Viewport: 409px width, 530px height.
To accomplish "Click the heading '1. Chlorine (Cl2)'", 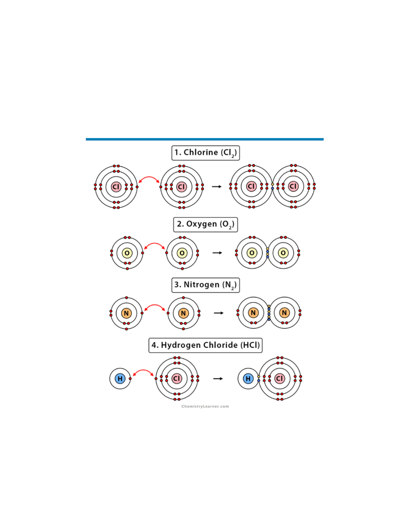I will tap(205, 153).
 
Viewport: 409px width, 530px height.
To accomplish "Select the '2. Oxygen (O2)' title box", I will tap(205, 224).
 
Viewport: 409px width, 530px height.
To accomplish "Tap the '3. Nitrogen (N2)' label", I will tap(205, 285).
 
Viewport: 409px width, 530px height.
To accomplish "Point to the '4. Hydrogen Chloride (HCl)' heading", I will tap(205, 345).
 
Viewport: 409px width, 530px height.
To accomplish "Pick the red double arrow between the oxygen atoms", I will tap(155, 246).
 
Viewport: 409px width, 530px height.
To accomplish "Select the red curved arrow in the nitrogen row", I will tap(155, 307).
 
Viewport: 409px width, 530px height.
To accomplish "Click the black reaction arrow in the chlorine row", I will tap(217, 186).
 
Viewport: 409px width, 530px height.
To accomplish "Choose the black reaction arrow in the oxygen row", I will tap(217, 253).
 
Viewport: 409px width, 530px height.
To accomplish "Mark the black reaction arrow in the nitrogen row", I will tap(218, 313).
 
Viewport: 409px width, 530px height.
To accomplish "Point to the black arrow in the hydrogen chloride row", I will tap(218, 379).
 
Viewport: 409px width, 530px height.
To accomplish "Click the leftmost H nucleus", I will tap(120, 379).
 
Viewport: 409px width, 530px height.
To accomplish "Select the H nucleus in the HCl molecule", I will tap(248, 379).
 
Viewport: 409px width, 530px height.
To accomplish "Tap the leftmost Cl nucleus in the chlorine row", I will tap(116, 186).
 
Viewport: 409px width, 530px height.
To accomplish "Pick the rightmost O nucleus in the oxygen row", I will tap(283, 253).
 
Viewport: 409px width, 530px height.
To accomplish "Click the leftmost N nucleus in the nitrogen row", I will tap(126, 313).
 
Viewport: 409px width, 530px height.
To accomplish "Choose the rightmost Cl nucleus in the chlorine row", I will tap(293, 186).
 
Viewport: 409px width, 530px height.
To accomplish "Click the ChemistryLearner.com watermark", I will tap(205, 406).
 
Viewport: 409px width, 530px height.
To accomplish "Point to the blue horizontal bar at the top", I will tap(204, 139).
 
